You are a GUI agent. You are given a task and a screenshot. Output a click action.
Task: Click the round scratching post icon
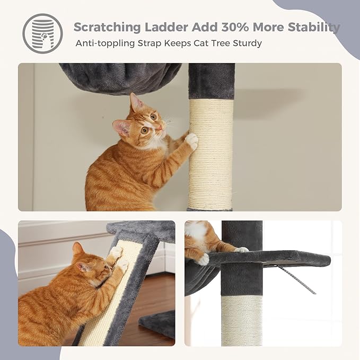(42, 33)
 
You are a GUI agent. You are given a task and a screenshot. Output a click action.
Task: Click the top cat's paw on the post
(191, 141)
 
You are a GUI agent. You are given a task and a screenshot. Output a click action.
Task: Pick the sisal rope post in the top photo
(210, 154)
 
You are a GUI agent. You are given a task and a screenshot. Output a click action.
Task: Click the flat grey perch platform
(276, 259)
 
